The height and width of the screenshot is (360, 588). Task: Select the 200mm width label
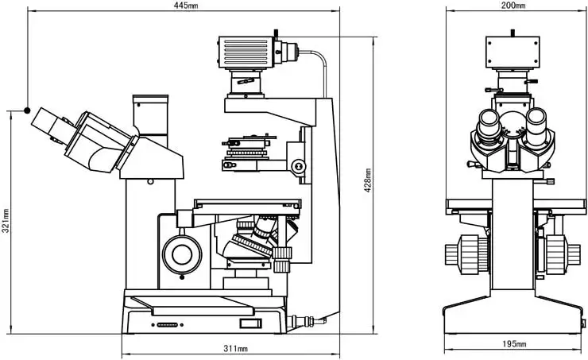tap(514, 6)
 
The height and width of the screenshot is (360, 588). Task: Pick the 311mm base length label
tap(235, 349)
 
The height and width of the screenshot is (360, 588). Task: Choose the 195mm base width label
tap(514, 344)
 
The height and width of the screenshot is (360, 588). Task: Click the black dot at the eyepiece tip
tap(27, 110)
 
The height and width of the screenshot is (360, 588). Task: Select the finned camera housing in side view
tap(246, 53)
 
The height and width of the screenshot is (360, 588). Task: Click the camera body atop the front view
tap(513, 53)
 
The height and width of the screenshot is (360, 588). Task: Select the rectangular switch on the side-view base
tap(250, 322)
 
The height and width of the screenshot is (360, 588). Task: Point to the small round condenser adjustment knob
tap(299, 166)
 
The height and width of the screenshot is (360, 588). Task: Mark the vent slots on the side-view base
tap(167, 325)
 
